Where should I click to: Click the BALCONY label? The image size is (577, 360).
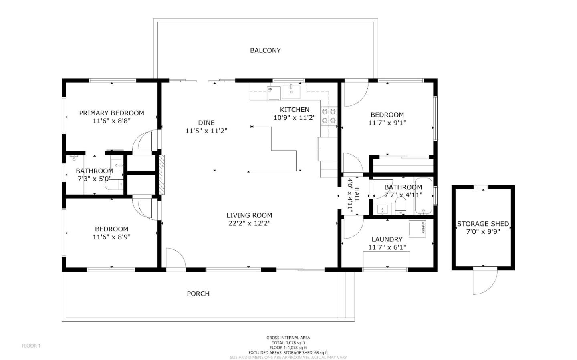[x=265, y=50]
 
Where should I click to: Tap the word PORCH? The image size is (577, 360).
[x=198, y=294]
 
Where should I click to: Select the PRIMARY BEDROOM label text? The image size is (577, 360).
[x=111, y=113]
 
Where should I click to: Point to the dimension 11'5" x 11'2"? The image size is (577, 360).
[x=206, y=131]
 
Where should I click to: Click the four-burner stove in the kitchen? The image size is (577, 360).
[x=329, y=116]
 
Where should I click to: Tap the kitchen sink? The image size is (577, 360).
[x=291, y=92]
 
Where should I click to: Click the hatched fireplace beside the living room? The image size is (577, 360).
[x=162, y=175]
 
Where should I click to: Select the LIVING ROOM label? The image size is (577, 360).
[x=249, y=215]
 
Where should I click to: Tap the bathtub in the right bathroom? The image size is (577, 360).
[x=423, y=197]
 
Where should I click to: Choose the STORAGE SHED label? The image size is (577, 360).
[x=483, y=224]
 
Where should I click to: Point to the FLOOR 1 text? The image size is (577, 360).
[x=31, y=346]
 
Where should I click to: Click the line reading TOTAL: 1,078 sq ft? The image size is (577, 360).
[x=288, y=343]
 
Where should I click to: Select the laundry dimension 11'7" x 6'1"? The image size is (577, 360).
[x=387, y=247]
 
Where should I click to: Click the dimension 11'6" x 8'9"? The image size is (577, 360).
[x=111, y=237]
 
